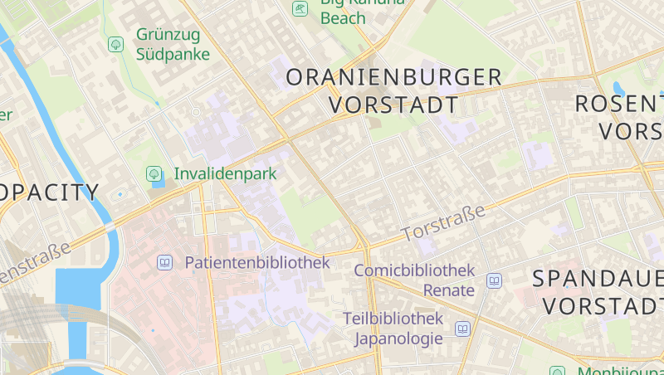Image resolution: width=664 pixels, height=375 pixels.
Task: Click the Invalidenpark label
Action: (x=225, y=174)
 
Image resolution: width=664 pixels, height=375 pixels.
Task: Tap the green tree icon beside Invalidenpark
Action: (x=153, y=174)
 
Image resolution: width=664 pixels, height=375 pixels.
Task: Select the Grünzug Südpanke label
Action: (x=173, y=46)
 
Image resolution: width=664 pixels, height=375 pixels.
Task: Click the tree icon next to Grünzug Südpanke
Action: (x=115, y=45)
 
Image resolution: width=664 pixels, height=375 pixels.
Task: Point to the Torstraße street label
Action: (x=444, y=224)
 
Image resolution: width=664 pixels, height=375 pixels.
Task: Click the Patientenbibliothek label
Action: (x=257, y=263)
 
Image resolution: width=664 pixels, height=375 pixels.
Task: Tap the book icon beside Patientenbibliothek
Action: (x=164, y=263)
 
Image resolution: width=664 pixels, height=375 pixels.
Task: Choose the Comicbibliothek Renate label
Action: (x=414, y=280)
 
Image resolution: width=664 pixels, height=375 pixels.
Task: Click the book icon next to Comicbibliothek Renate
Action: (x=494, y=281)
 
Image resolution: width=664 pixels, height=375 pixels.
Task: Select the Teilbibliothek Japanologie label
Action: (x=393, y=329)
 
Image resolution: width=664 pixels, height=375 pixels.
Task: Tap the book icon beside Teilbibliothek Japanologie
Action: (x=462, y=329)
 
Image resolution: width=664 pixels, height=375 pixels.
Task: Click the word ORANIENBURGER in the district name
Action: (x=394, y=78)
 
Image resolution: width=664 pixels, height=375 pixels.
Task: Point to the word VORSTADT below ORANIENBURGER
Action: (x=394, y=105)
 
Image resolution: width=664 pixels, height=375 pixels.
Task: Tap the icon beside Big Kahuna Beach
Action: (x=299, y=8)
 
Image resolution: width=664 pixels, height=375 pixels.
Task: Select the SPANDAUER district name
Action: (x=598, y=278)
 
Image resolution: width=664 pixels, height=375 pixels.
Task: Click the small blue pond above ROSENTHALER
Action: (x=618, y=87)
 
